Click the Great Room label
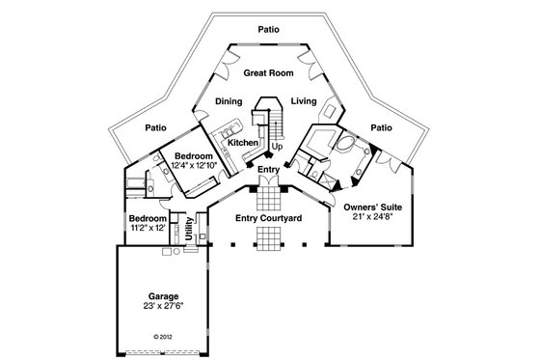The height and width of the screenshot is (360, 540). click(267, 72)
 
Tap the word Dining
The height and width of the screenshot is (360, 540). click(229, 100)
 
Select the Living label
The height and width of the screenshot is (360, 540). click(305, 100)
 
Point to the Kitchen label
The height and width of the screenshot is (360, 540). click(242, 143)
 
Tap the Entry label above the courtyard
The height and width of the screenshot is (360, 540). click(269, 170)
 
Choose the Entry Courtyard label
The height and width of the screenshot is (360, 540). click(269, 219)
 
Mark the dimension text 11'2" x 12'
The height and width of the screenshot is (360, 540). click(148, 228)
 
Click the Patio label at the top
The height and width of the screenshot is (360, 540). click(268, 29)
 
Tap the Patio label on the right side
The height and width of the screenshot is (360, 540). click(382, 126)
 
